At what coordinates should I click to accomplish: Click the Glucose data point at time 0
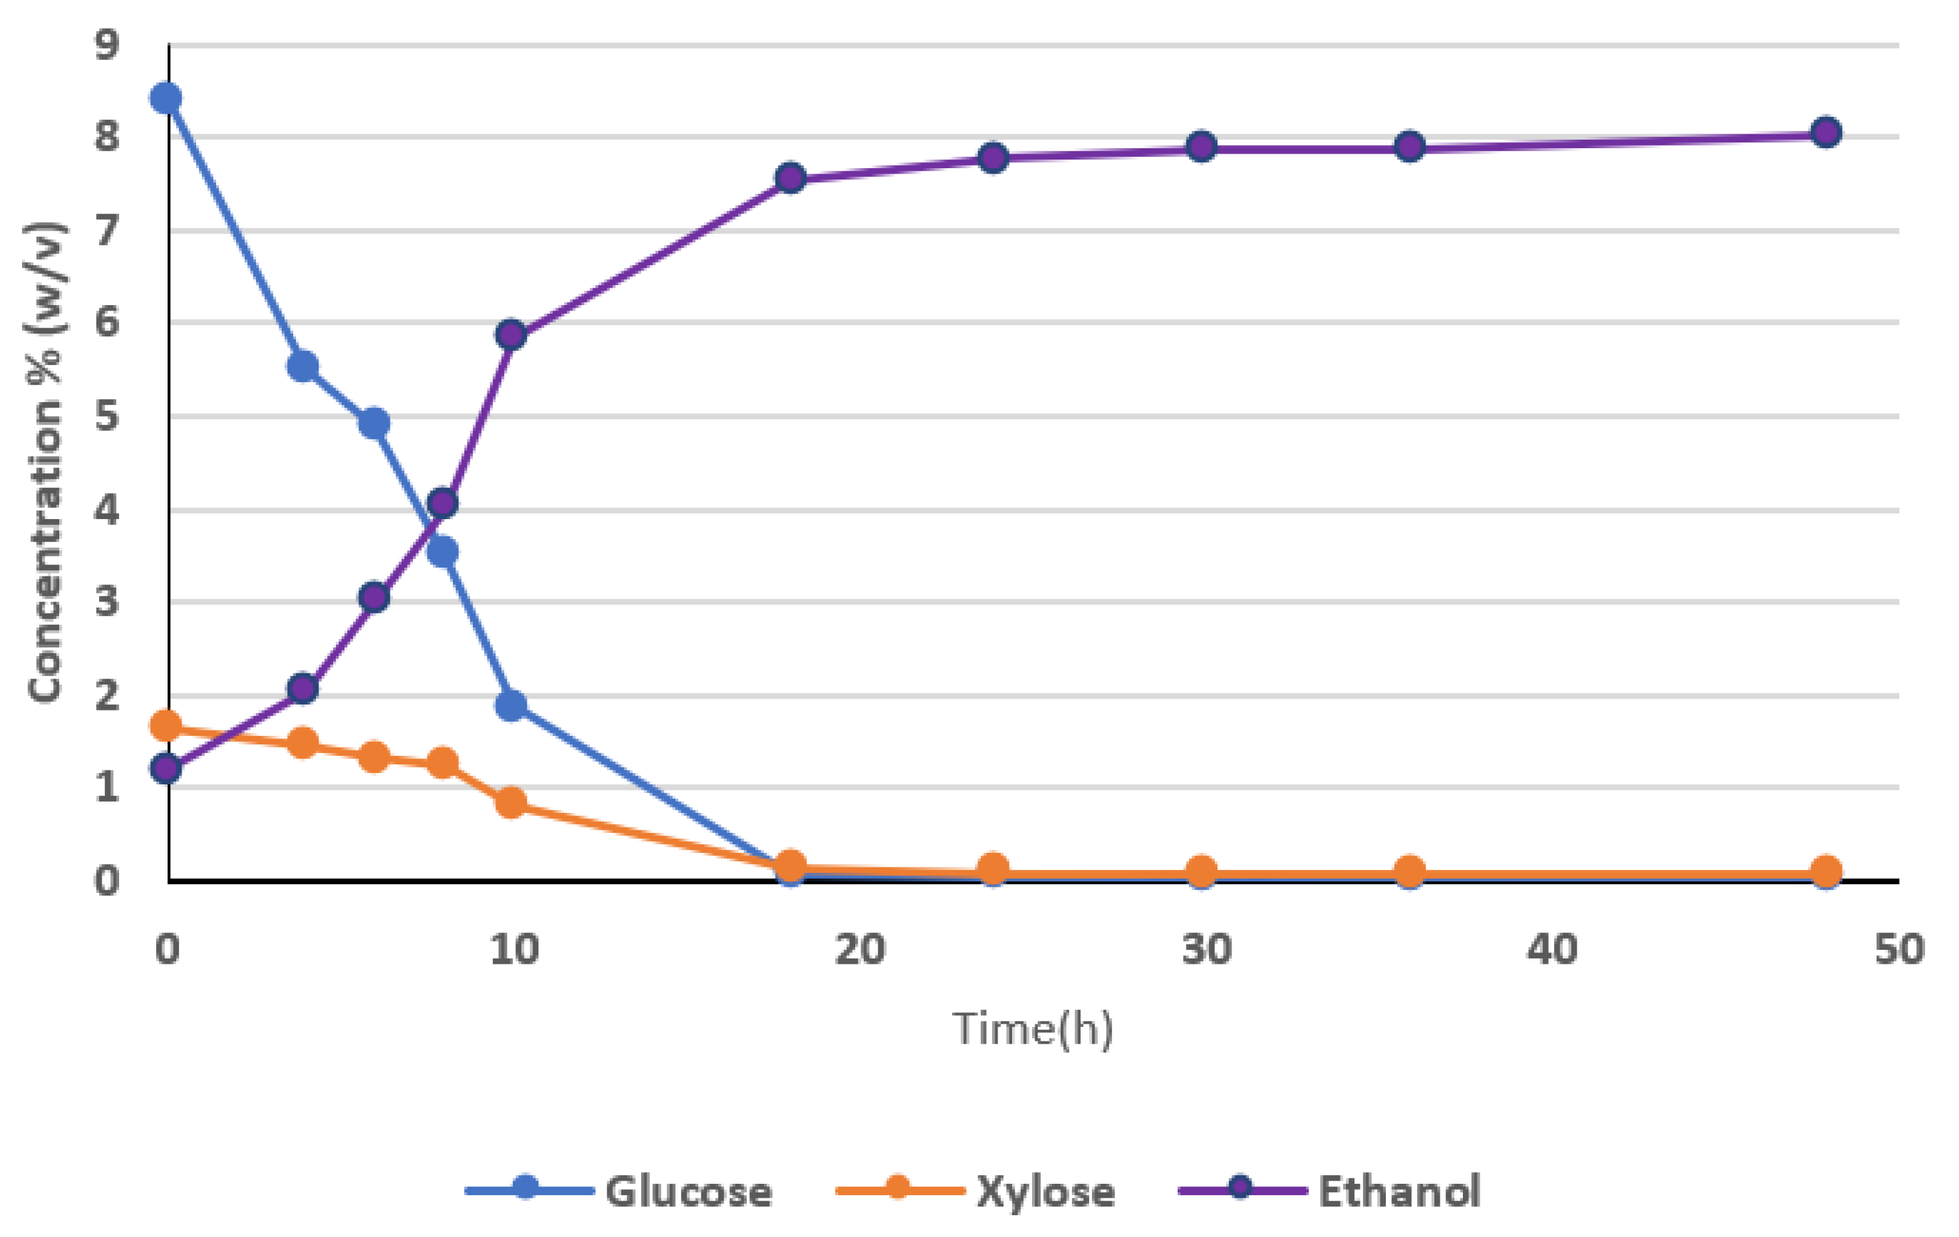click(166, 98)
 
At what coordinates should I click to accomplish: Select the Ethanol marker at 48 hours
click(1827, 132)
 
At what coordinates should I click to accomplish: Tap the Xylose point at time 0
click(166, 725)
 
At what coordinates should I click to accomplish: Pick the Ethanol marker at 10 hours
click(511, 334)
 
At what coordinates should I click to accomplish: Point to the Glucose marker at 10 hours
click(511, 705)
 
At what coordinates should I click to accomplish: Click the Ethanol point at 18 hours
click(790, 178)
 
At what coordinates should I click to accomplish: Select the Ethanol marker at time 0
click(166, 768)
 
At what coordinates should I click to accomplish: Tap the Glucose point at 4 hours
click(303, 367)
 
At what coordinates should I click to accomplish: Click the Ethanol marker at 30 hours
click(1202, 147)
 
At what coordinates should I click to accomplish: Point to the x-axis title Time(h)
click(1033, 1029)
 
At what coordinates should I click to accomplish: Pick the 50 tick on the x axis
click(1898, 949)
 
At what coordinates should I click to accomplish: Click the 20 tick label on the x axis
click(860, 949)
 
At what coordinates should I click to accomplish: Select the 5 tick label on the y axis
click(106, 416)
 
